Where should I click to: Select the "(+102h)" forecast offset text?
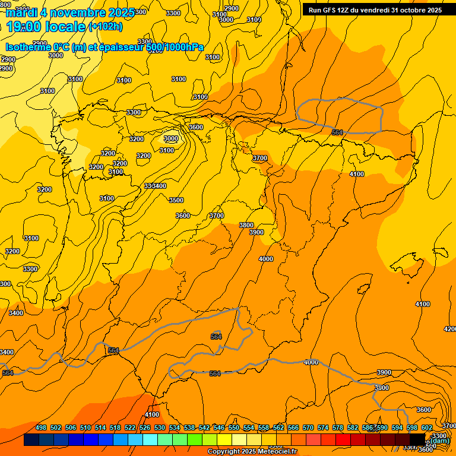coord(105,27)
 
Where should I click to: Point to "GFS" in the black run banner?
coord(330,10)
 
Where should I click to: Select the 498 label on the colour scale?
coord(41,427)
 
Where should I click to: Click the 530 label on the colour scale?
coord(160,427)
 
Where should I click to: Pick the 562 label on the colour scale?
coord(278,427)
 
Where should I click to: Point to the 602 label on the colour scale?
coord(427,427)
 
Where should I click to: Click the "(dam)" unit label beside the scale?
coord(440,441)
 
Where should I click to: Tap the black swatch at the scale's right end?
coord(417,440)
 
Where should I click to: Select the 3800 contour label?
coord(246,225)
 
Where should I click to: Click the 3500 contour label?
coord(176,200)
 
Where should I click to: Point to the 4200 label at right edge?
coord(450,329)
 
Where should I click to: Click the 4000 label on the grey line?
coord(311,362)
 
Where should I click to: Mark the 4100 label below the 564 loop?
coord(357,174)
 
